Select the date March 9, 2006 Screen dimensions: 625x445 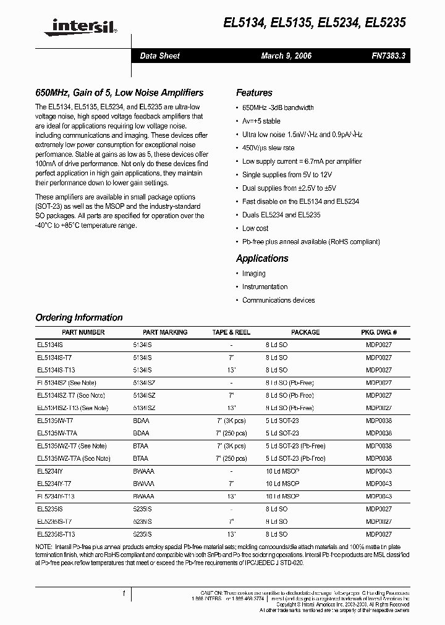[286, 56]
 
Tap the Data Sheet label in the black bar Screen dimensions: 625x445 [160, 56]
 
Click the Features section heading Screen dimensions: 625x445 [254, 93]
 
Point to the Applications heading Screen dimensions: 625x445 [262, 258]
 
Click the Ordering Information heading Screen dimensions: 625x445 [79, 317]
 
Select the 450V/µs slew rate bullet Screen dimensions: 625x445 [268, 148]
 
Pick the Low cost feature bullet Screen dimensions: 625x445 [255, 228]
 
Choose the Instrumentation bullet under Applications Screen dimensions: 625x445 [265, 287]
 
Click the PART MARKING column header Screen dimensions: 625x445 [165, 332]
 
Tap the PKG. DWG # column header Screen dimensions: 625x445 [378, 332]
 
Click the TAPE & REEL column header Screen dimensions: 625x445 [231, 332]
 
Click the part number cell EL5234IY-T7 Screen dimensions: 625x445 [54, 484]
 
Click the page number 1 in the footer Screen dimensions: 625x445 [124, 594]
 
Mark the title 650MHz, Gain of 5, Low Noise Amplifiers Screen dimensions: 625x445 [119, 93]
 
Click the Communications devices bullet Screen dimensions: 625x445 [278, 300]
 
